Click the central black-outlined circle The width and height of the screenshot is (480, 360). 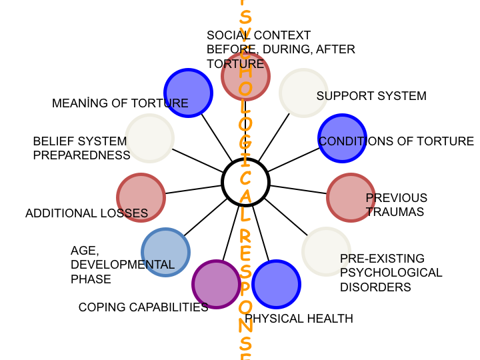pos(245,182)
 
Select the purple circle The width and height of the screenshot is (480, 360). pos(216,284)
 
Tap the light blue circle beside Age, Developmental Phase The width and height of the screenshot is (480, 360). pos(166,252)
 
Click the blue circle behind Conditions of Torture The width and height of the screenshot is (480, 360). pos(342,139)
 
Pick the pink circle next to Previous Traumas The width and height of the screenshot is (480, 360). pos(351,197)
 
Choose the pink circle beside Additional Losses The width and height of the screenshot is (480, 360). pos(141,197)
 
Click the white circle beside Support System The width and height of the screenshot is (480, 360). pos(303,93)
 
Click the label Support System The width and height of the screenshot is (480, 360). pos(371,96)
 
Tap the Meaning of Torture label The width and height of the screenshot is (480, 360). pos(120,103)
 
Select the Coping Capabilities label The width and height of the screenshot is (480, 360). pos(143,307)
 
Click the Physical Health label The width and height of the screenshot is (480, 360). pos(299,319)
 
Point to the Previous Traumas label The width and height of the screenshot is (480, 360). pos(396,205)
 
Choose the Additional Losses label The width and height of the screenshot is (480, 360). pos(87,213)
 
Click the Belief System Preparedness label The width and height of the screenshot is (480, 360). pos(81,148)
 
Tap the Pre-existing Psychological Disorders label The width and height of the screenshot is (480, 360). pos(391,273)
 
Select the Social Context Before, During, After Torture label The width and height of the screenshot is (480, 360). pos(281,49)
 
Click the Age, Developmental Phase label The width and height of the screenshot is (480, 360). pos(122,265)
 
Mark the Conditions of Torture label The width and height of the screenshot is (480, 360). pos(396,141)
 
